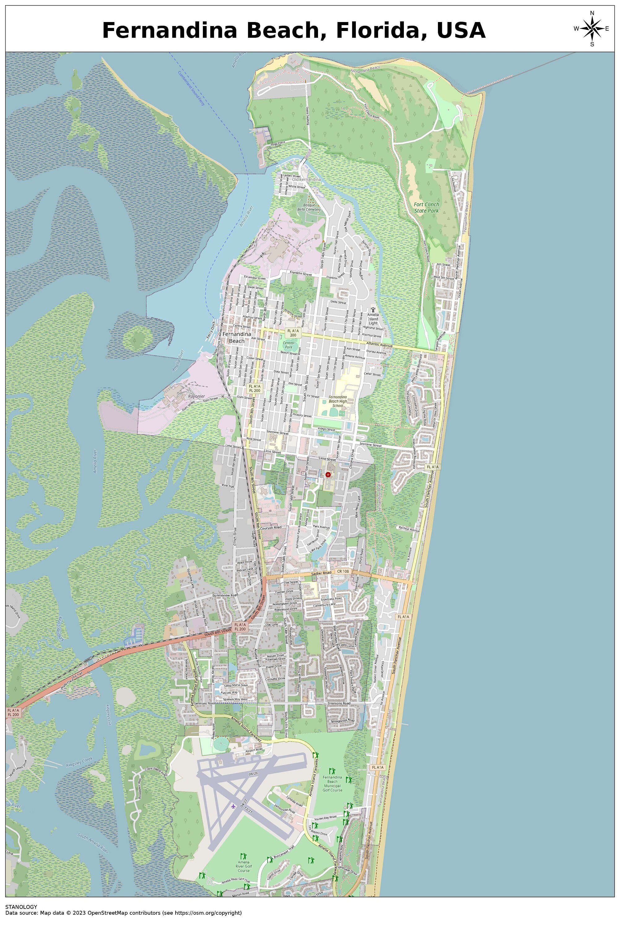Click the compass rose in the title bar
pyautogui.click(x=592, y=29)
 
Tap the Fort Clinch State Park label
pyautogui.click(x=426, y=208)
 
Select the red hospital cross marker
pyautogui.click(x=328, y=474)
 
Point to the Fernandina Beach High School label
pyautogui.click(x=338, y=401)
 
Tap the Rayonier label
pyautogui.click(x=197, y=396)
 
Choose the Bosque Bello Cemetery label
pyautogui.click(x=309, y=207)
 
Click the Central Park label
pyautogui.click(x=289, y=345)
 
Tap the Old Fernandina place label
pyautogui.click(x=307, y=180)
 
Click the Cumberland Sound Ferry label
pyautogui.click(x=191, y=88)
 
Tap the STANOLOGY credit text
pyautogui.click(x=21, y=907)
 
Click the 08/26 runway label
pyautogui.click(x=253, y=773)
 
